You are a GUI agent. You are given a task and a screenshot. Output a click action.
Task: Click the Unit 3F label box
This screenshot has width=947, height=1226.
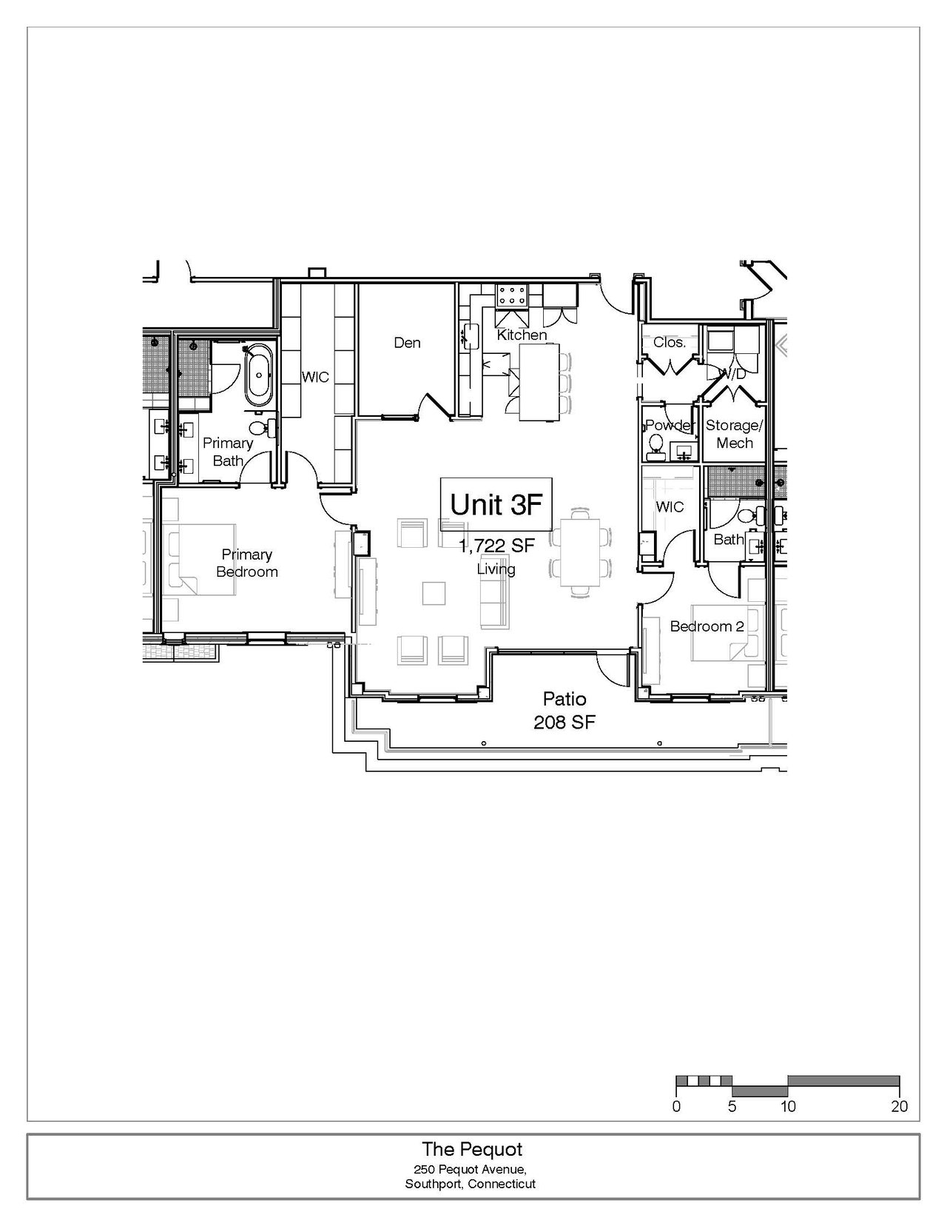(x=496, y=504)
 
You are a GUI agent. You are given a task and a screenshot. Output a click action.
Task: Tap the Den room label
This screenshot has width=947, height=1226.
(x=407, y=343)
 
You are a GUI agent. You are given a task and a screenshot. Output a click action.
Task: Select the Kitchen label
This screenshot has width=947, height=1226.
(x=522, y=335)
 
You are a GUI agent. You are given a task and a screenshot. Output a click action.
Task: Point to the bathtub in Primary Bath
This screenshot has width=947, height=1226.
(x=259, y=375)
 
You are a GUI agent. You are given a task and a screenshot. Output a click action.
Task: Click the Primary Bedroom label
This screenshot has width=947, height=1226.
(x=247, y=563)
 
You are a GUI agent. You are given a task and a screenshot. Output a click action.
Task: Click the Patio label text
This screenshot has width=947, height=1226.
(x=565, y=698)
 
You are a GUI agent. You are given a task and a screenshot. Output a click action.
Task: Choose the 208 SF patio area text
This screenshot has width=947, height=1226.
(x=565, y=722)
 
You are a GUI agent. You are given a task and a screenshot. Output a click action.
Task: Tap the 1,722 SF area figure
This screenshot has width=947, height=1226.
(x=496, y=546)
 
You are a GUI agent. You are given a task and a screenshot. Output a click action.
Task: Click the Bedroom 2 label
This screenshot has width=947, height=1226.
(x=707, y=626)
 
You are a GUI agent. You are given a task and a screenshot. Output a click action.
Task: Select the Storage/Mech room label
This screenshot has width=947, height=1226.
(x=735, y=434)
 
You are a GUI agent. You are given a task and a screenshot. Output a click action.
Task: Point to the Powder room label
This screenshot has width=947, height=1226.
(x=670, y=425)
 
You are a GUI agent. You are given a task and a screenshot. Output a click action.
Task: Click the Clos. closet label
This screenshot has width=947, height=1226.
(x=669, y=342)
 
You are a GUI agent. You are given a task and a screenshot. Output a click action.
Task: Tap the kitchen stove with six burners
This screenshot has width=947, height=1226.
(x=512, y=295)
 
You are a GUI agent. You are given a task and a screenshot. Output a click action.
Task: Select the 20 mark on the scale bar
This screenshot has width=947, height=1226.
(x=899, y=1106)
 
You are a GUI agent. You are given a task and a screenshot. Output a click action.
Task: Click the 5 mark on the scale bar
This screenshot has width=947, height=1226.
(x=732, y=1106)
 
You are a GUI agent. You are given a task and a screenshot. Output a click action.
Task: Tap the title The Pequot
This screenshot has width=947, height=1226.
(x=472, y=1149)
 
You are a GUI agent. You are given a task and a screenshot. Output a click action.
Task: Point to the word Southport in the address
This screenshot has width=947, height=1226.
(x=434, y=1184)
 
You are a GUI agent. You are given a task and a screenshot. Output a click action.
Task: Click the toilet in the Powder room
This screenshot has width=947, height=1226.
(x=655, y=443)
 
